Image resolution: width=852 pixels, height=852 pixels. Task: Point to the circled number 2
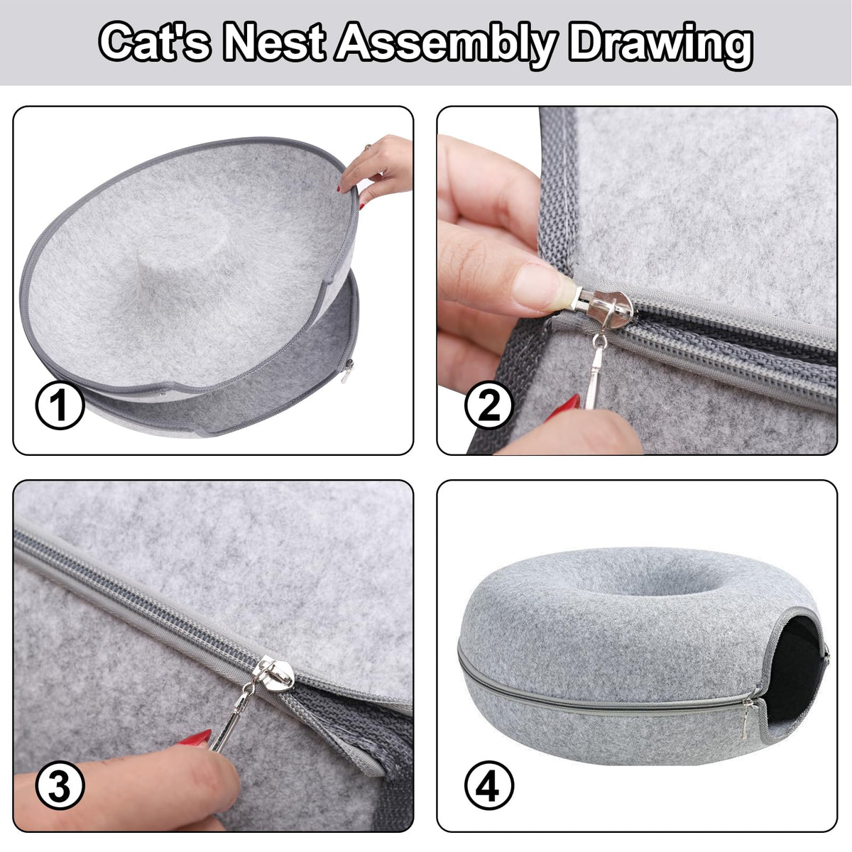[488, 405]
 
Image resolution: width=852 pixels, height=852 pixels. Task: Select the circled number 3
[60, 785]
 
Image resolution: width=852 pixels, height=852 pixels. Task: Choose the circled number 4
[489, 785]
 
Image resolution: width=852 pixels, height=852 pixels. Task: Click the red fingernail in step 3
[195, 736]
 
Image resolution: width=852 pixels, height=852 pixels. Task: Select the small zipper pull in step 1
[348, 371]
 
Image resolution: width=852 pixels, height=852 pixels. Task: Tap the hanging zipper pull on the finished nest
[747, 719]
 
